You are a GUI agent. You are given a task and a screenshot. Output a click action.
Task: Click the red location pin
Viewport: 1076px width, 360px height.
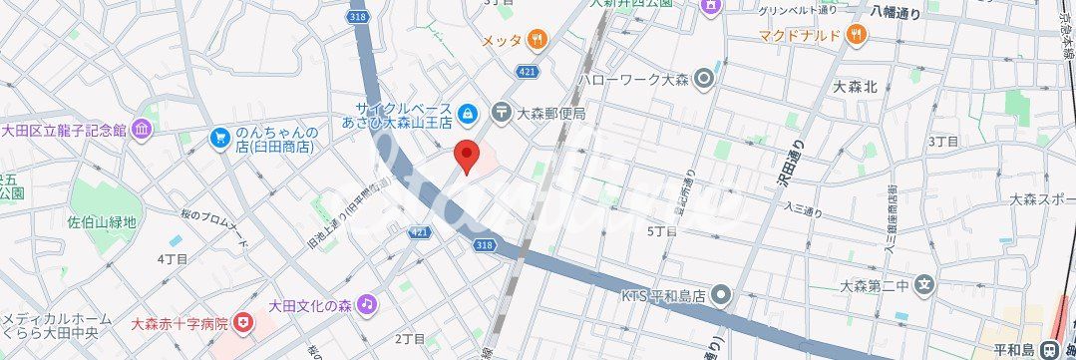(x=467, y=156)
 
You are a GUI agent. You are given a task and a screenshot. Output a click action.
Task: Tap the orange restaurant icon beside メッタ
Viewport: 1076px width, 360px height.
(x=538, y=40)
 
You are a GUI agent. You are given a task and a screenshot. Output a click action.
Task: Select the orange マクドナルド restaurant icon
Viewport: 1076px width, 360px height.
(x=856, y=35)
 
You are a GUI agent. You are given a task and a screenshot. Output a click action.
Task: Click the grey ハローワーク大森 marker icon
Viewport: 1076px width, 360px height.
(x=705, y=77)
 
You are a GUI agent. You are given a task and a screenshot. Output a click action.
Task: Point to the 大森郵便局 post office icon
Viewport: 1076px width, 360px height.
(x=501, y=113)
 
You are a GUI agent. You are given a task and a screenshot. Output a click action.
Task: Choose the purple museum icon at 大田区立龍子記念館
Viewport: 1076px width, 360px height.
(x=142, y=130)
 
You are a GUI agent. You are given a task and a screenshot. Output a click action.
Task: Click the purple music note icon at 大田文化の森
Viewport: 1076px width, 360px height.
(x=367, y=302)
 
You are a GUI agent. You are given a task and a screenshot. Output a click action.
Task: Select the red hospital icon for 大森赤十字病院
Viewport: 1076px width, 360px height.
(x=243, y=324)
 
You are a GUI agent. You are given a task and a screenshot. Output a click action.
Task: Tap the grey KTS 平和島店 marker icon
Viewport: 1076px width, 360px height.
(x=722, y=295)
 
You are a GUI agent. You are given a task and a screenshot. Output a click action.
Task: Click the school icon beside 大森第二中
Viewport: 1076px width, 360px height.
(x=924, y=286)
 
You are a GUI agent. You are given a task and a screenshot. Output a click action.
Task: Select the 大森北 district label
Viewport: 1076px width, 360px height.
(x=855, y=87)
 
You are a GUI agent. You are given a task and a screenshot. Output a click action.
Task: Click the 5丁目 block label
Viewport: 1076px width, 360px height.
(x=662, y=230)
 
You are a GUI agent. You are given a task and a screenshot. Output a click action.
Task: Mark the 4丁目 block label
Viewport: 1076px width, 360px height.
(x=173, y=259)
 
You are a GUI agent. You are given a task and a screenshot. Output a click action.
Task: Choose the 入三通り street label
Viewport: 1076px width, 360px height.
(x=803, y=209)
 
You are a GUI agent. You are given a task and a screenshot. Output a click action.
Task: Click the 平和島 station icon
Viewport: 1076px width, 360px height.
(x=1048, y=350)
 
